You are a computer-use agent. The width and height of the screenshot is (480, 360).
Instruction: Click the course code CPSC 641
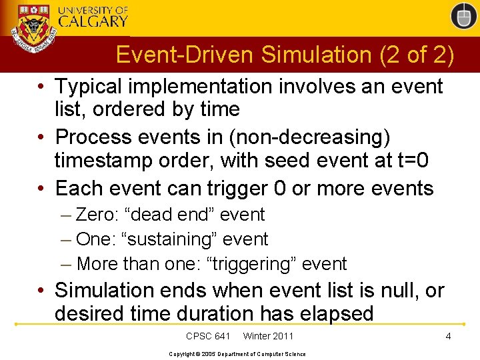tap(208, 336)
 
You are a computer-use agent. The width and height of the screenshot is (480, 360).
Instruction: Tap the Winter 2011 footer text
tap(268, 336)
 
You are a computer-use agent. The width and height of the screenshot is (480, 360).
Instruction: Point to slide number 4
tap(448, 336)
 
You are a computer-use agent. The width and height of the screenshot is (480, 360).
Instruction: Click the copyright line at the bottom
tap(237, 354)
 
